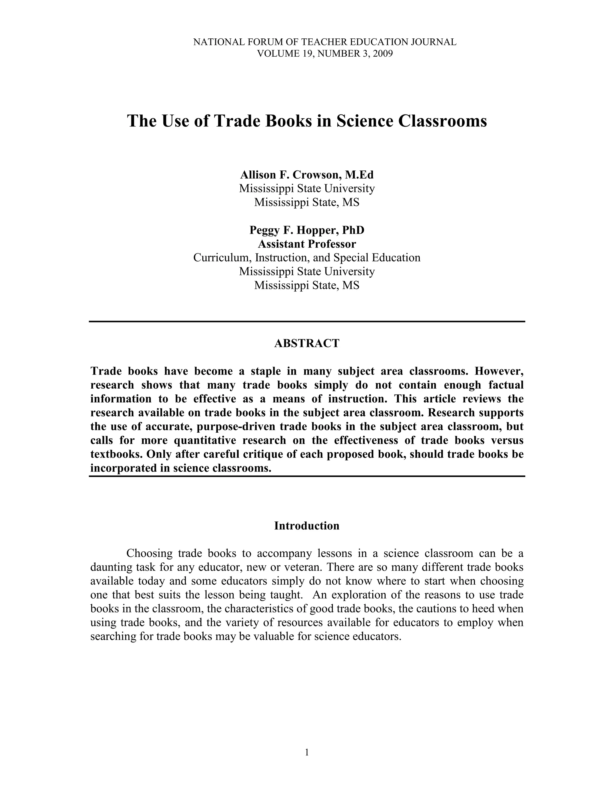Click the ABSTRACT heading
point(307,343)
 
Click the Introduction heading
point(307,526)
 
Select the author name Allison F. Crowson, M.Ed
point(307,175)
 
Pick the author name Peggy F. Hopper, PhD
point(307,230)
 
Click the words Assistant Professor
point(307,244)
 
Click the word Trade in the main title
point(237,121)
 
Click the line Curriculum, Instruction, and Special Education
point(307,257)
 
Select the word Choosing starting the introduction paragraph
point(150,553)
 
